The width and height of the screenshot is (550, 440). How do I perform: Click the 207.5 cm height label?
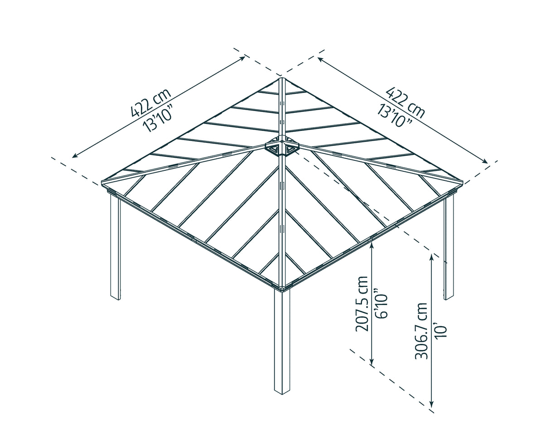[362, 303]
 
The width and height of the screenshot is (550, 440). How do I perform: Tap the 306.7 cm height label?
[421, 331]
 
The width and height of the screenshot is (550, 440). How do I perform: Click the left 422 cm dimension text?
[150, 102]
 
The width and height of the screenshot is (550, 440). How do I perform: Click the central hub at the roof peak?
[281, 147]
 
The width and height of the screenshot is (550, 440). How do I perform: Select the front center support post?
[282, 340]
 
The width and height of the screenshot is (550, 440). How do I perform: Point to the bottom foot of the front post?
[282, 390]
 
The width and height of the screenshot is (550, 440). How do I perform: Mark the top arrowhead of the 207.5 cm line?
[371, 244]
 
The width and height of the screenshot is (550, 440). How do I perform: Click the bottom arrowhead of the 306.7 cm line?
[432, 404]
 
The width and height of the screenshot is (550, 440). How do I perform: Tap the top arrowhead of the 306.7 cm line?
[432, 256]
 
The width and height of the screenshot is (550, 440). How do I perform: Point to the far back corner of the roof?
[281, 79]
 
